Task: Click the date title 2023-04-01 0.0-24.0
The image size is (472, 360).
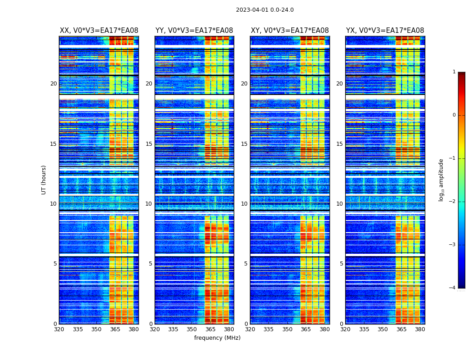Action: (265, 10)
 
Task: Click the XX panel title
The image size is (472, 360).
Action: (99, 31)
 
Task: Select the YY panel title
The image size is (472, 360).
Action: (194, 31)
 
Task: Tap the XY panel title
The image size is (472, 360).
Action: (289, 31)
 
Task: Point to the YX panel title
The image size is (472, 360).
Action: (385, 31)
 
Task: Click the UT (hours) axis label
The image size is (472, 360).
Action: (44, 180)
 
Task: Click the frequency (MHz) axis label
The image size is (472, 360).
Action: (217, 338)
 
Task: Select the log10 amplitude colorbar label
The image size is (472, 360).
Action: (441, 180)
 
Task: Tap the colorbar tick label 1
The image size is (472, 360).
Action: (454, 72)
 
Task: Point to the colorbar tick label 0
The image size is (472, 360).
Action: (454, 115)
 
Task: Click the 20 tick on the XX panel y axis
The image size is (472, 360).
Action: (53, 84)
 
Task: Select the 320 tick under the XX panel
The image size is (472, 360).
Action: (59, 329)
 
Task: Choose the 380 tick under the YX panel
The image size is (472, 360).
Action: (420, 329)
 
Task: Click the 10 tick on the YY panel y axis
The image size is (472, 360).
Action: (149, 204)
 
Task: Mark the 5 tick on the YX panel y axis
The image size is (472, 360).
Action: (341, 264)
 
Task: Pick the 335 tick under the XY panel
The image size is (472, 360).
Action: (269, 329)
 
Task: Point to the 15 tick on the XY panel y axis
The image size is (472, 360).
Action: (244, 144)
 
